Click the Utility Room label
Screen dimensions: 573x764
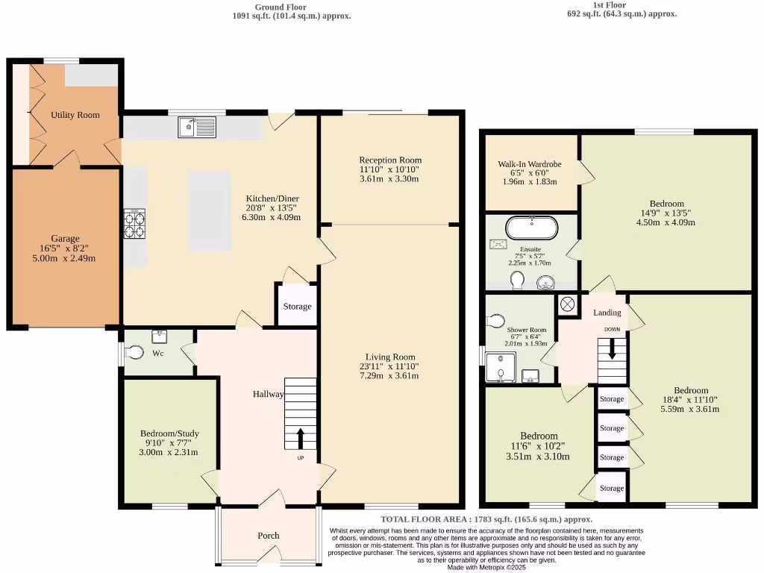click(75, 115)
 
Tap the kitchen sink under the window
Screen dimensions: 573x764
click(197, 128)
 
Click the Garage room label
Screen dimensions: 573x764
click(65, 239)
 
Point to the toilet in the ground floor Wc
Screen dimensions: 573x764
click(135, 353)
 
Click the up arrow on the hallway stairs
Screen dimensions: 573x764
click(301, 436)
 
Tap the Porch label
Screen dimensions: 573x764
click(268, 535)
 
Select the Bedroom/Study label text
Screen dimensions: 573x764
click(169, 433)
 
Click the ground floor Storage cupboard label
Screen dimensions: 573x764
click(297, 307)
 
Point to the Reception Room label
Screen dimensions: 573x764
click(390, 160)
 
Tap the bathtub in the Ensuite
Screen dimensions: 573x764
click(531, 227)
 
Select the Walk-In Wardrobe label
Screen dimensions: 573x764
click(530, 164)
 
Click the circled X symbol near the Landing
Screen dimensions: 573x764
click(567, 304)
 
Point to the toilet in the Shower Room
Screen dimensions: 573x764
click(496, 321)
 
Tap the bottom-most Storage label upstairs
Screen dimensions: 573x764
click(612, 488)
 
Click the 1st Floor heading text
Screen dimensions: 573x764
click(610, 5)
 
